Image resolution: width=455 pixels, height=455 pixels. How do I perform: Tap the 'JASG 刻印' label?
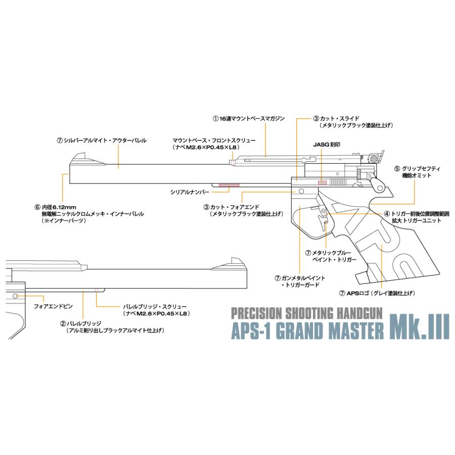click(x=327, y=144)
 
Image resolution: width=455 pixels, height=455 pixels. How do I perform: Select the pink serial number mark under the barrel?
click(x=229, y=185)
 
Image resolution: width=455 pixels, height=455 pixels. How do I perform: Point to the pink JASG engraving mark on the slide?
click(x=322, y=181)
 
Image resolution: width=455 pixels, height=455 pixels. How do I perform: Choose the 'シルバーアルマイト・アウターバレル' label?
click(x=102, y=141)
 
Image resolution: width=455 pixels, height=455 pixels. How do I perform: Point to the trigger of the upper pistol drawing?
click(x=323, y=218)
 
